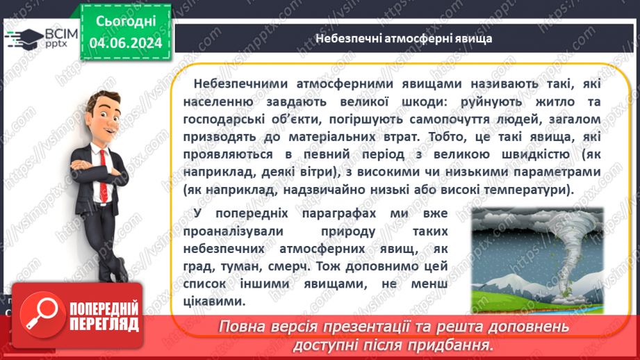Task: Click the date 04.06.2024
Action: point(126,43)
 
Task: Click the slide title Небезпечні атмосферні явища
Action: point(404,38)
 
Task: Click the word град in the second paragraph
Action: point(202,265)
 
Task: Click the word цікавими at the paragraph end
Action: point(215,301)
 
